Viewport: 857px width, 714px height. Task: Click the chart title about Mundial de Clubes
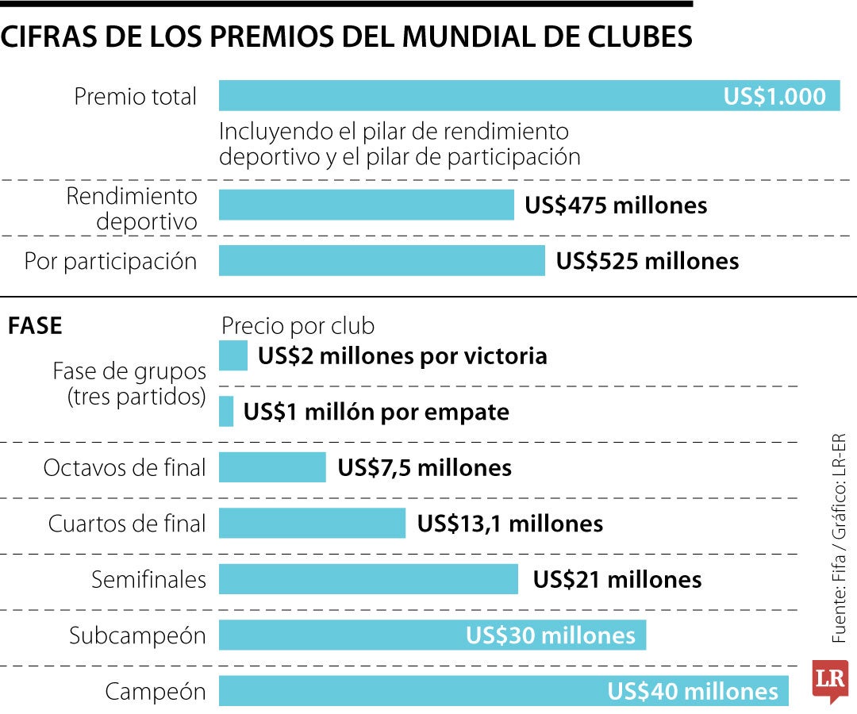[346, 37]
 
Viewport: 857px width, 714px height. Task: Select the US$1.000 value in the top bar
[774, 96]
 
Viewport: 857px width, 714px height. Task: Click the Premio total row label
[135, 97]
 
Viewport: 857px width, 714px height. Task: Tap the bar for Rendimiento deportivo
[366, 205]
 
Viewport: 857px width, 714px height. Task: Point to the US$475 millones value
[616, 205]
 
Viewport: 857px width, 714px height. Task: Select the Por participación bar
[382, 261]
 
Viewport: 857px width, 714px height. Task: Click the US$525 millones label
[647, 261]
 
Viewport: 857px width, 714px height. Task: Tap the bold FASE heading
[35, 326]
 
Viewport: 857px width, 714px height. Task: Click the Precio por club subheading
[298, 326]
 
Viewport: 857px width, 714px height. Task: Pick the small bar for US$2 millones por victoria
[233, 355]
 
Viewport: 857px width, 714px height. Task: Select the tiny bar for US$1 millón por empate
[226, 412]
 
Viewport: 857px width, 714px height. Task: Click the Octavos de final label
[125, 467]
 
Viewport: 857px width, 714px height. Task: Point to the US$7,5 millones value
[425, 467]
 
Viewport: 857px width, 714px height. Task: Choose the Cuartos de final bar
[312, 524]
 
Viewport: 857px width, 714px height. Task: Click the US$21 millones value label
[617, 579]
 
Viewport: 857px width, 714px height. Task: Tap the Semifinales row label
[148, 579]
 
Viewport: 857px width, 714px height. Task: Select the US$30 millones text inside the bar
[550, 635]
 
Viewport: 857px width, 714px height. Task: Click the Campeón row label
[155, 692]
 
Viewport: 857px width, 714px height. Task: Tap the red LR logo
[829, 681]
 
